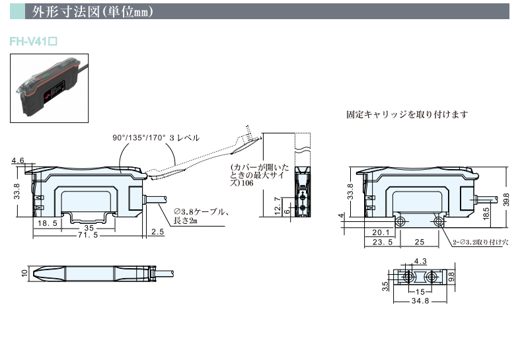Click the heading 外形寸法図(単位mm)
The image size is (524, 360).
point(93,11)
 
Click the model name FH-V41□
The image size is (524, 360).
point(34,41)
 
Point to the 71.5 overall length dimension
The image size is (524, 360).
point(88,234)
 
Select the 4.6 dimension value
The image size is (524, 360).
point(18,161)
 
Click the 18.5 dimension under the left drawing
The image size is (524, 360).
point(48,225)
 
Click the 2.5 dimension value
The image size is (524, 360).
point(157,232)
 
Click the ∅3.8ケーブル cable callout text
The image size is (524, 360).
point(200,213)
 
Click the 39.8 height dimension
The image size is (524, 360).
point(506,199)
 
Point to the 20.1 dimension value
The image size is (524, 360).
point(380,232)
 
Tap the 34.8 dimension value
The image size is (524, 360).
point(420,301)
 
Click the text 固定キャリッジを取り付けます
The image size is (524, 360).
point(407,114)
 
